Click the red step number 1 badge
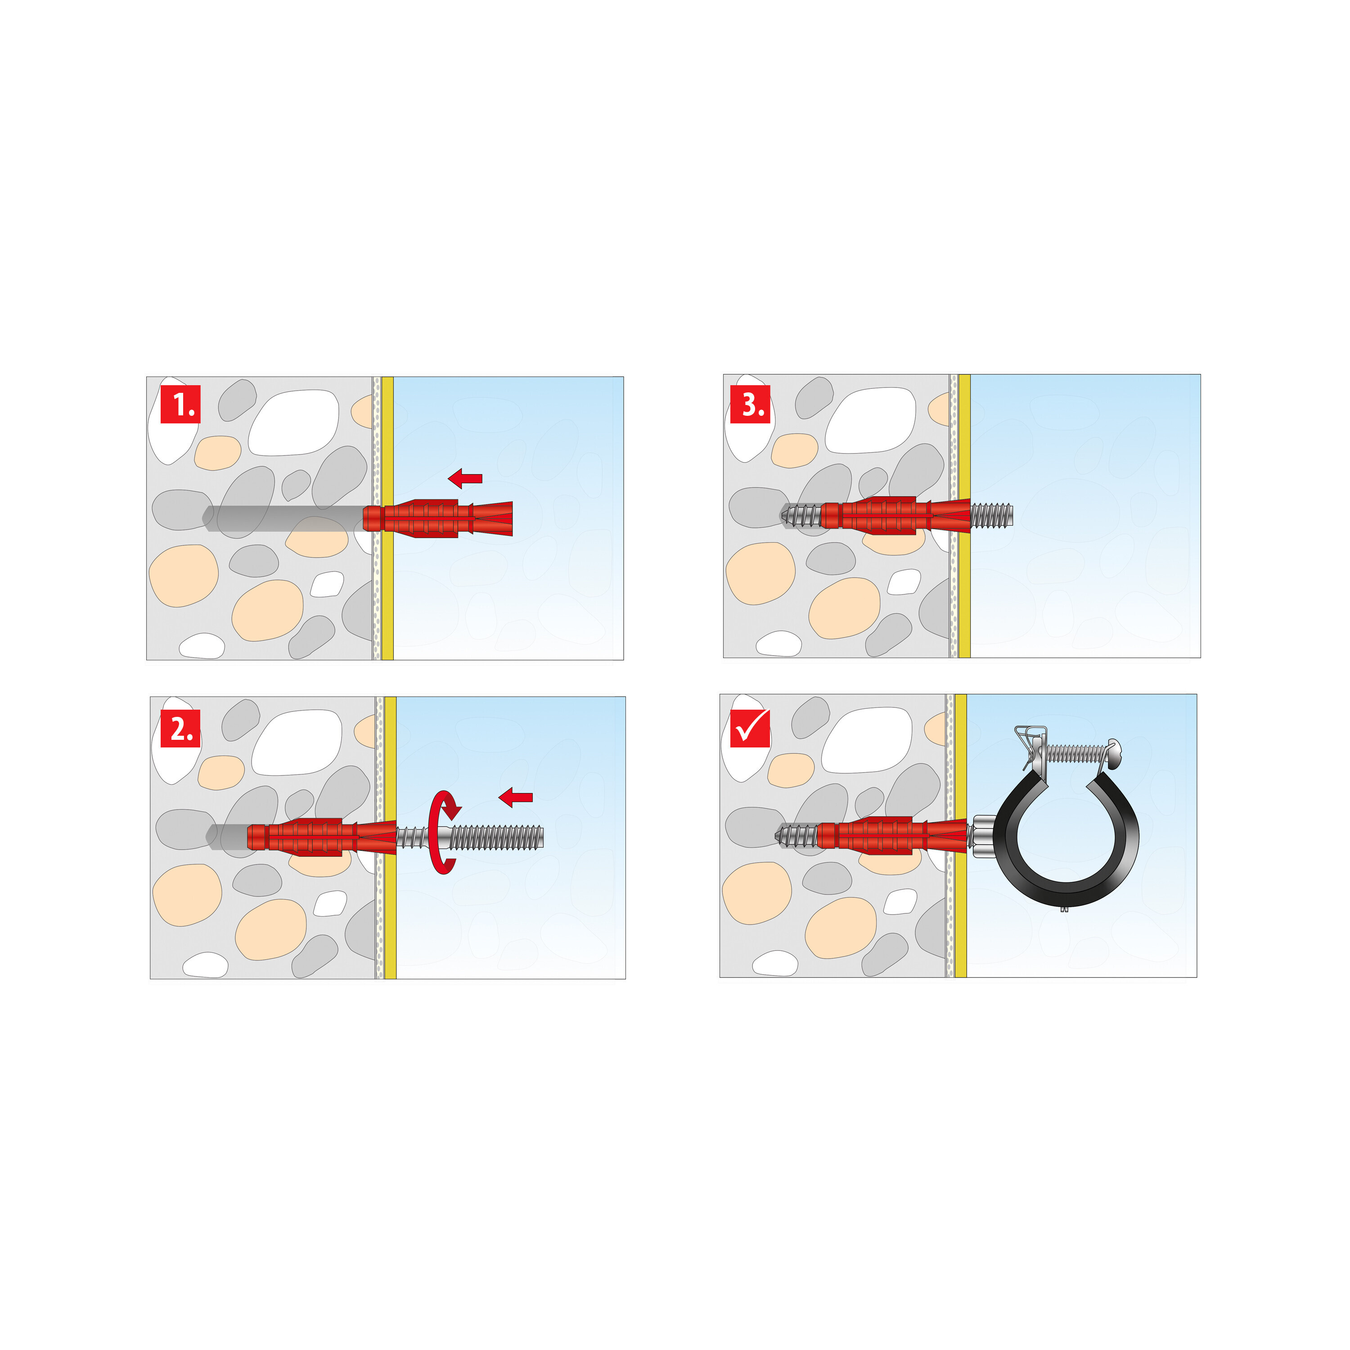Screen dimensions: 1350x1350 (x=180, y=404)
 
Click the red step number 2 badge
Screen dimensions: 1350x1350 (x=180, y=728)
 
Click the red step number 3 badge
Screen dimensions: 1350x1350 (x=750, y=404)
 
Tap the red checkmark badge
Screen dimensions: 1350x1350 (x=750, y=728)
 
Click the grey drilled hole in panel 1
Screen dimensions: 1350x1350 (x=279, y=518)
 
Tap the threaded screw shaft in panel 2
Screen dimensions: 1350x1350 (x=496, y=837)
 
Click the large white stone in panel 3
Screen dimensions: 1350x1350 (x=870, y=420)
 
